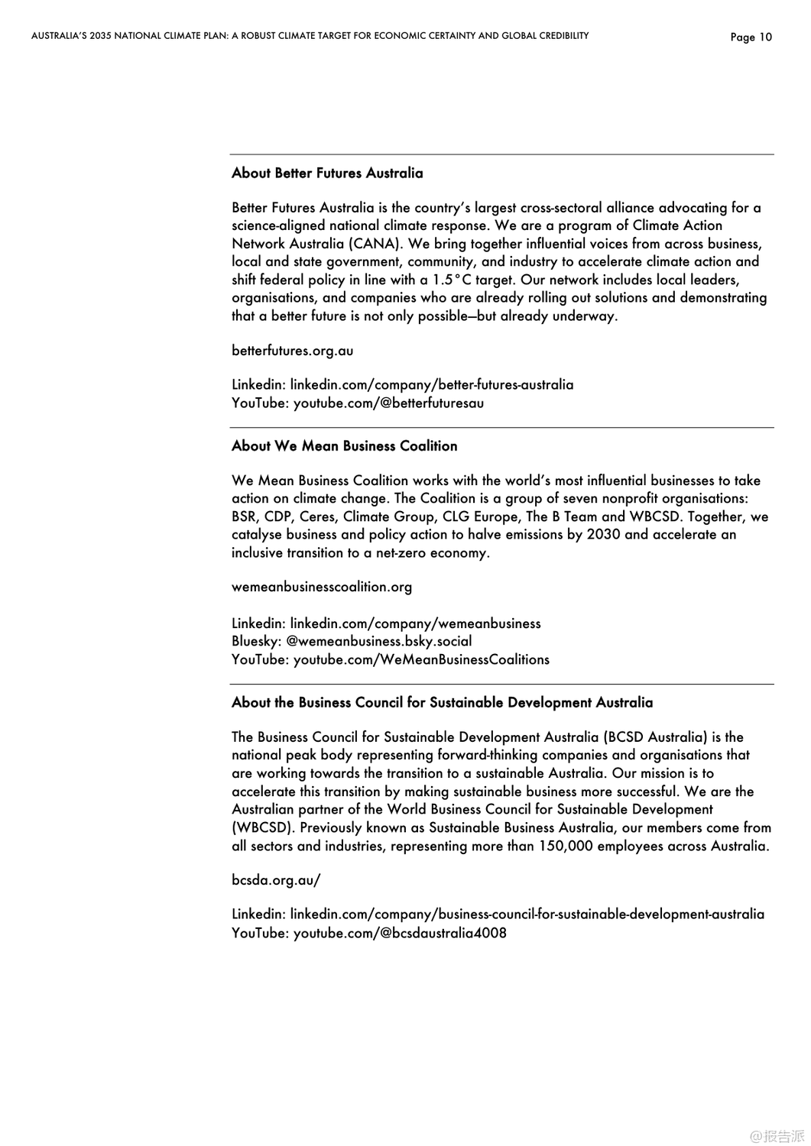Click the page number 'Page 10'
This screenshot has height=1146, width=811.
[x=751, y=37]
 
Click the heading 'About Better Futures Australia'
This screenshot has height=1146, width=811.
[x=327, y=173]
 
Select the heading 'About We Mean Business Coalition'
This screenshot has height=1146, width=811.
[x=344, y=446]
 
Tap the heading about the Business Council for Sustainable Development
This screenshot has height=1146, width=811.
[x=442, y=703]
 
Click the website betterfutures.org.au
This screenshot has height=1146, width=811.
[x=292, y=351]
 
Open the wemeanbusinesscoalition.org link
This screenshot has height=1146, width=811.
[x=321, y=587]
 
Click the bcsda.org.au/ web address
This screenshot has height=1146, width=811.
[x=275, y=880]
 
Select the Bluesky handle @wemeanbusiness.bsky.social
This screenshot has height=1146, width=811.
[x=379, y=641]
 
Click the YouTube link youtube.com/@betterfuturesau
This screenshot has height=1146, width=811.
[x=388, y=403]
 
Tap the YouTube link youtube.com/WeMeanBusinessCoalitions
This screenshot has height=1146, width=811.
[x=421, y=659]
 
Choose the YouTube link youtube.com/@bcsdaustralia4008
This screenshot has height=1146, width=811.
[x=400, y=933]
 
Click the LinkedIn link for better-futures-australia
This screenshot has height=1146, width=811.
[x=431, y=384]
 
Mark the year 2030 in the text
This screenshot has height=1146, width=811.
[x=603, y=535]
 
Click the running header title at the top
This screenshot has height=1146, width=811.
[x=310, y=36]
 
